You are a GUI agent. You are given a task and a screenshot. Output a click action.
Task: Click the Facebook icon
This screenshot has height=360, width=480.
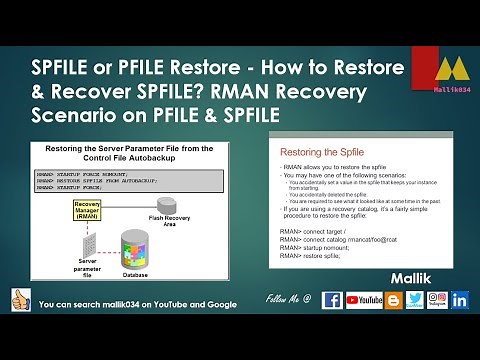[x=332, y=299]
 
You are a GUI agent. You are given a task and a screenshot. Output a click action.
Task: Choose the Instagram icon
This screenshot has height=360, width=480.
[x=439, y=299]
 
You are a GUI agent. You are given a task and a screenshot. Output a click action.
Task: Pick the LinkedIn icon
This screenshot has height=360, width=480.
[x=461, y=299]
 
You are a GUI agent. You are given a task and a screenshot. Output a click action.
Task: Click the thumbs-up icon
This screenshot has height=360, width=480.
[x=17, y=299]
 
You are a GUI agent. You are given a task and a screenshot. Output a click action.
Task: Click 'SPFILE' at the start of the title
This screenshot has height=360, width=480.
[x=65, y=69]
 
